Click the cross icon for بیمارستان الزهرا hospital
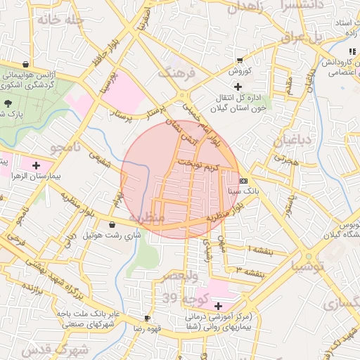36,165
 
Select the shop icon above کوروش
240,60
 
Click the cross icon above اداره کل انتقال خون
238,86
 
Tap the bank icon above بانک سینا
243,179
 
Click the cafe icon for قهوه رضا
147,318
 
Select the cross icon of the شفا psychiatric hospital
218,307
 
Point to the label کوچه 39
179,300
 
